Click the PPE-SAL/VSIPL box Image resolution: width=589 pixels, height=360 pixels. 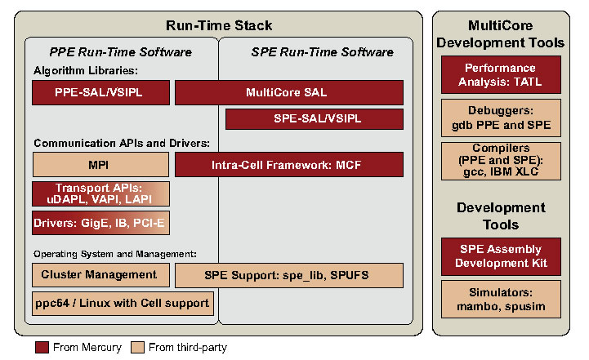100,92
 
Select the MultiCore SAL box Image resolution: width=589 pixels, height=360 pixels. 289,92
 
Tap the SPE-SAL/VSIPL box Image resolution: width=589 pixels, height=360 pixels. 315,119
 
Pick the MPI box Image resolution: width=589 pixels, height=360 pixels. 100,164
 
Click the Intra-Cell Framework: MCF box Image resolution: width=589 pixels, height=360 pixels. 289,164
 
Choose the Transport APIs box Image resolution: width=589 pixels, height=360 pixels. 100,193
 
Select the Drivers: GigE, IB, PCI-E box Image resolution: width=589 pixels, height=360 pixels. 100,223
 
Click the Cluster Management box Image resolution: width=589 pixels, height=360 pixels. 100,275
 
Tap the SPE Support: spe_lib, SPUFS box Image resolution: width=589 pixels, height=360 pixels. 289,275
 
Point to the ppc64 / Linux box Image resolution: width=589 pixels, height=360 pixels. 123,304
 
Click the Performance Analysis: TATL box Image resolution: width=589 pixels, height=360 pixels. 501,75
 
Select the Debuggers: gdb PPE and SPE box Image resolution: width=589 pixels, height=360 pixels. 501,118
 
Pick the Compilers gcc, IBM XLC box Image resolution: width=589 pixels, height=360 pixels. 501,161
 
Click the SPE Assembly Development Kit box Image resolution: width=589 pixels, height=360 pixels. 501,256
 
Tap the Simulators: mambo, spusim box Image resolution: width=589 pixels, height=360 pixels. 501,300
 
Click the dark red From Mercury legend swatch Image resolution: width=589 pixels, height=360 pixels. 42,347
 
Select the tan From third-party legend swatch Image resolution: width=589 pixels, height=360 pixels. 137,347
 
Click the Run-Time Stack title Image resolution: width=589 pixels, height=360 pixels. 219,25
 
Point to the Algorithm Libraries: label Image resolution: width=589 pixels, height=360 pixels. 86,70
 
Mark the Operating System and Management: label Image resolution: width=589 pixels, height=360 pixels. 115,254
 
